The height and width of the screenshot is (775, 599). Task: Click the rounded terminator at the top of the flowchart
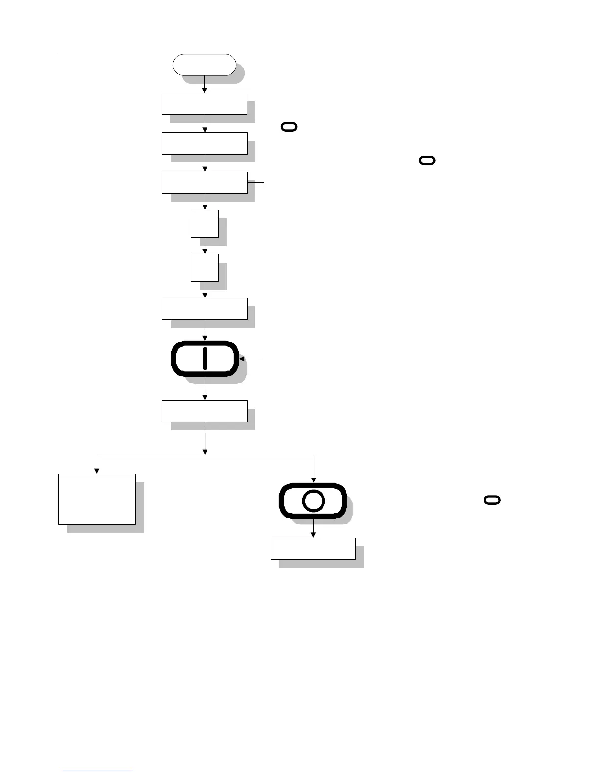pos(205,65)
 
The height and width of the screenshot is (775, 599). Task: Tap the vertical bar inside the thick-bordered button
pos(205,358)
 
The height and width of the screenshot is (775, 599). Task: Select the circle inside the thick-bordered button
pos(313,501)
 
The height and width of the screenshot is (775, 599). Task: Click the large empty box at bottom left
pos(97,499)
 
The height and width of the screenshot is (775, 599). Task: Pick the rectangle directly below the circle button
pos(313,548)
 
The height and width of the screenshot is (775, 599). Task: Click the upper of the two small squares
pos(205,224)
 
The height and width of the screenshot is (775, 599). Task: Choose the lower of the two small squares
pos(205,268)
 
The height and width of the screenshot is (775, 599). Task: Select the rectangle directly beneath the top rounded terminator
pos(205,104)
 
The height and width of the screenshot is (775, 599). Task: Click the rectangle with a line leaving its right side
pos(205,182)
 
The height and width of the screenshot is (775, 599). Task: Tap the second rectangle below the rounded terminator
pos(205,143)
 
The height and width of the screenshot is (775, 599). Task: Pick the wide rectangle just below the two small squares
pos(205,309)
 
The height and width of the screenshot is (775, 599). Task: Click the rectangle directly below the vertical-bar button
pos(205,411)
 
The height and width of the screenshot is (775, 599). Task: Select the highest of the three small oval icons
pos(289,127)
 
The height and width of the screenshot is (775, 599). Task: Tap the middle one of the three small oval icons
pos(427,160)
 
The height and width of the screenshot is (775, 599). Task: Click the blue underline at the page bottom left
pos(97,771)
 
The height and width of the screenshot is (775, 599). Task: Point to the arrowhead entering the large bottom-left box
pos(97,471)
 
